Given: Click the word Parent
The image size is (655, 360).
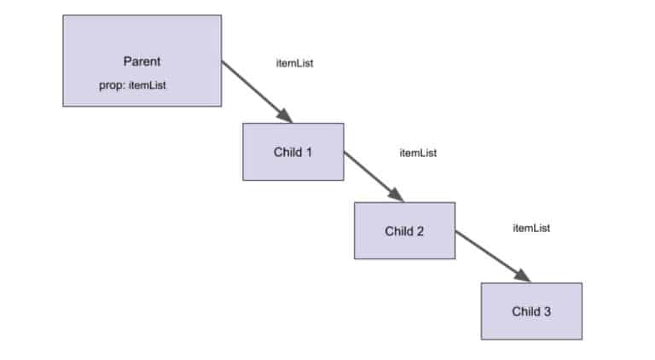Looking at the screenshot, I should pos(142,62).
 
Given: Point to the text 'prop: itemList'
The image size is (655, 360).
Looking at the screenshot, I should pos(132,86).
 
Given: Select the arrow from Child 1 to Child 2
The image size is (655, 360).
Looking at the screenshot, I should pos(372,176).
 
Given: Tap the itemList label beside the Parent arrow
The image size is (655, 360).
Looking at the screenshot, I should pos(294,63).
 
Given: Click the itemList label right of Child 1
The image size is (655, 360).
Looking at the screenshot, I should pos(418,153).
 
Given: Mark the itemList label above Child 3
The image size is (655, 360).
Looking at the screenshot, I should pos(530,228).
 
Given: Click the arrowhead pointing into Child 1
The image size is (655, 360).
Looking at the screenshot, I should pos(286,117).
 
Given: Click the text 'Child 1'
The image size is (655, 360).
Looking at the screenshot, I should pos(293,153).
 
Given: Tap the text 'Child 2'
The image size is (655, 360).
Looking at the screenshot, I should pos(404,231).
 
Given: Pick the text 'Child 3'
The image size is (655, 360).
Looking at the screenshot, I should pos(531,311).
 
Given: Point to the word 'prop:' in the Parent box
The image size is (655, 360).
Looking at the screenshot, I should pos(112,86).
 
